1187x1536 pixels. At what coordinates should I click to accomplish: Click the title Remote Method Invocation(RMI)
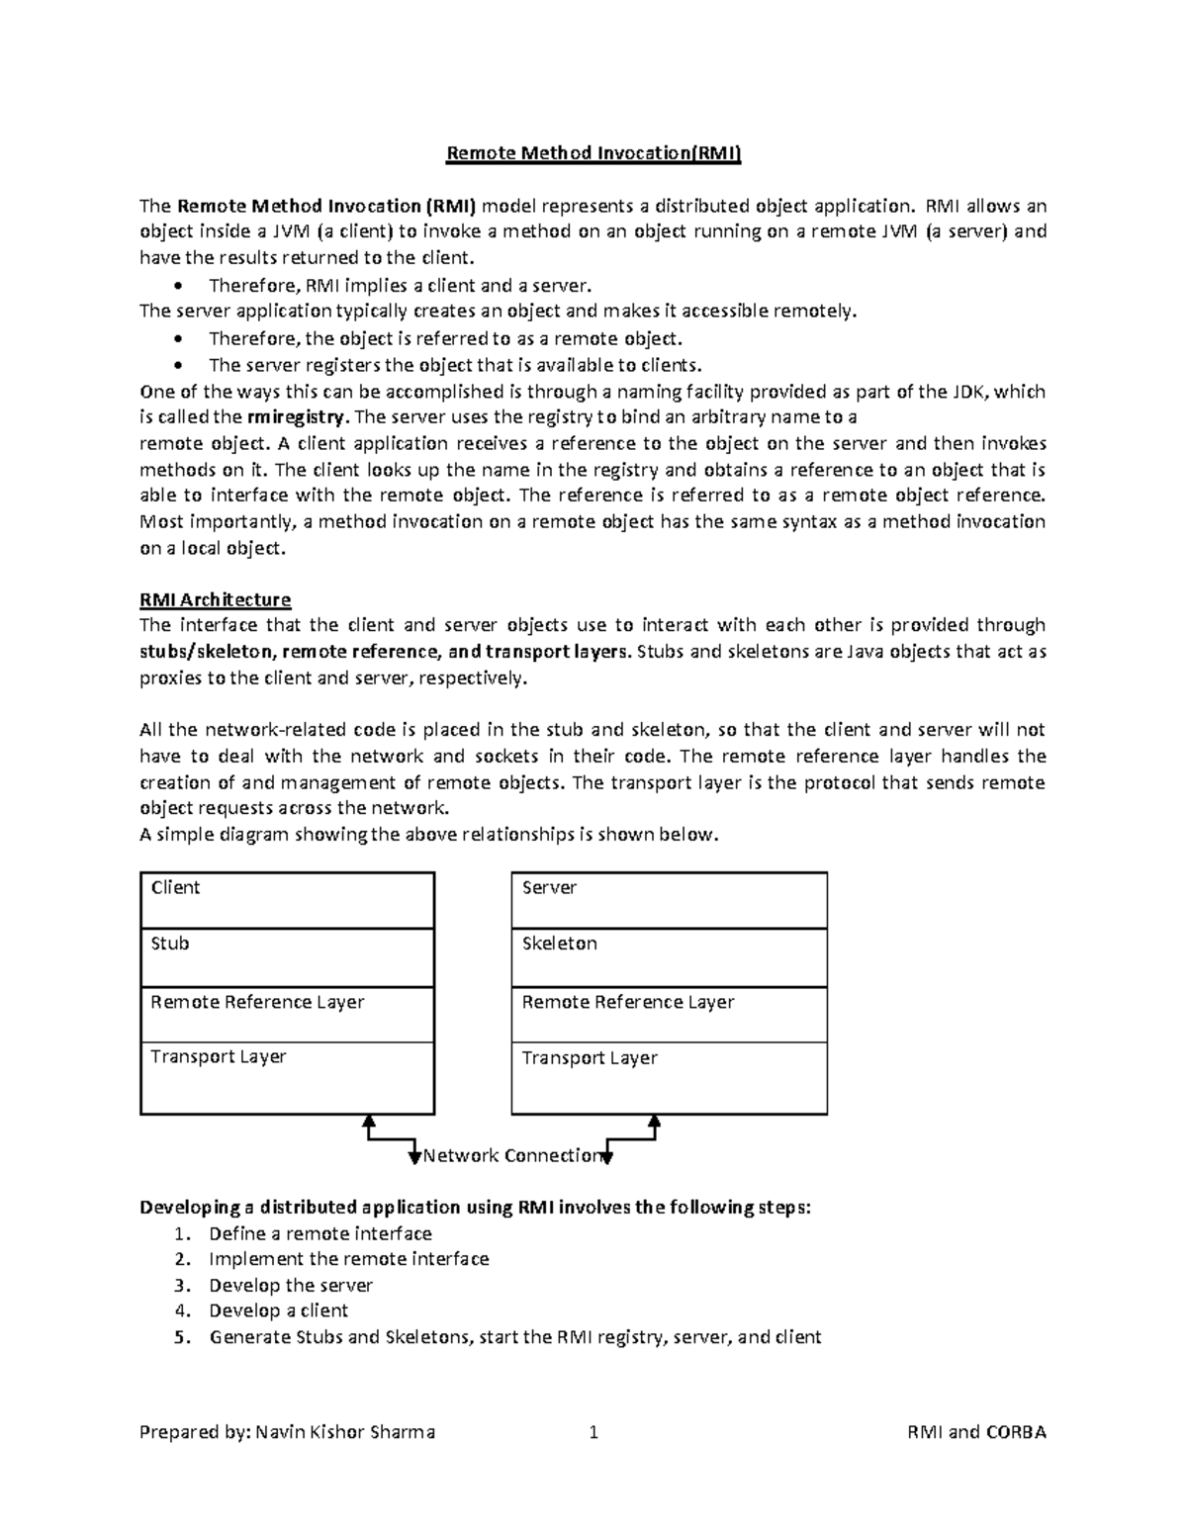pos(593,153)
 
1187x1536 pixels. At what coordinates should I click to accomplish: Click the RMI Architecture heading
pos(215,599)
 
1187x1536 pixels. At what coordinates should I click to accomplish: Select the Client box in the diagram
pos(287,900)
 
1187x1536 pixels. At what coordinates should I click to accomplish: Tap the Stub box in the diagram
pos(287,957)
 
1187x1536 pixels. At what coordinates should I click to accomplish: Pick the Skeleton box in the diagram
pos(669,957)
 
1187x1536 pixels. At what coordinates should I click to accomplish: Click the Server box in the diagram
pos(669,900)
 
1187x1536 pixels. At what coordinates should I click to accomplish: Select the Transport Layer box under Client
pos(287,1078)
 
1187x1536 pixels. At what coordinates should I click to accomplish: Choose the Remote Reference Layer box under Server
pos(669,1015)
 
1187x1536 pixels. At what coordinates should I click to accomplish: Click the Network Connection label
pos(511,1155)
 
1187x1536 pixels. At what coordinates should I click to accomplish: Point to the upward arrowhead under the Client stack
pos(369,1122)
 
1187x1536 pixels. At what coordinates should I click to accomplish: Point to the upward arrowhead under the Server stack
pos(654,1122)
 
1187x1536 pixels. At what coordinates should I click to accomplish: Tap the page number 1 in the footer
pos(593,1432)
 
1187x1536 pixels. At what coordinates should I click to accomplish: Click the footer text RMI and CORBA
pos(975,1432)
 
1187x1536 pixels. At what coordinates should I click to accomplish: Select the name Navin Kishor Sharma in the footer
pos(345,1432)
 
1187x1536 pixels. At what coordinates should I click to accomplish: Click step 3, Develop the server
pos(290,1286)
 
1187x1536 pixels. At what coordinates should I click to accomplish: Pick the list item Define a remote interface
pos(320,1233)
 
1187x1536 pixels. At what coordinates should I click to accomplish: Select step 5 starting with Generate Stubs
pos(514,1337)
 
